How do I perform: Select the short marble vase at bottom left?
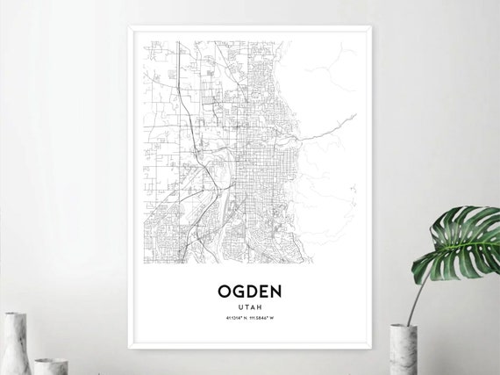coord(51,366)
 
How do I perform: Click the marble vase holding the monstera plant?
coord(402,350)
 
